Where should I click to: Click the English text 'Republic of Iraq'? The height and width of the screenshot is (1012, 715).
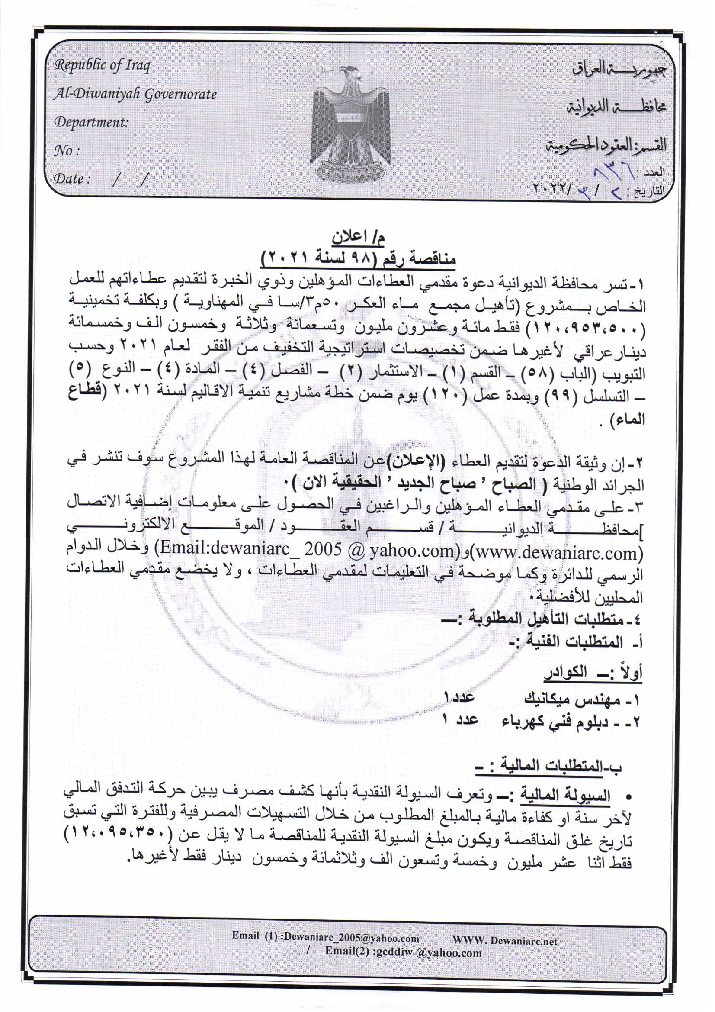pyautogui.click(x=102, y=66)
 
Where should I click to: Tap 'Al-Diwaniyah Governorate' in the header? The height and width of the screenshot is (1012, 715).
pyautogui.click(x=135, y=94)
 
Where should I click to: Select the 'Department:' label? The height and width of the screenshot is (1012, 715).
pyautogui.click(x=91, y=122)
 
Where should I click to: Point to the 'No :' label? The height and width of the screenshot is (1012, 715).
pyautogui.click(x=67, y=151)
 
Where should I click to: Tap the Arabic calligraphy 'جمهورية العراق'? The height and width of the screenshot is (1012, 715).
pyautogui.click(x=619, y=69)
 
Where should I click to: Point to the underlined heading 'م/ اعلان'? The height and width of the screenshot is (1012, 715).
pyautogui.click(x=358, y=238)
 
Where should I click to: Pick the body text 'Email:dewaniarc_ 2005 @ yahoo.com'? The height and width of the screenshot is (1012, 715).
pyautogui.click(x=307, y=551)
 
